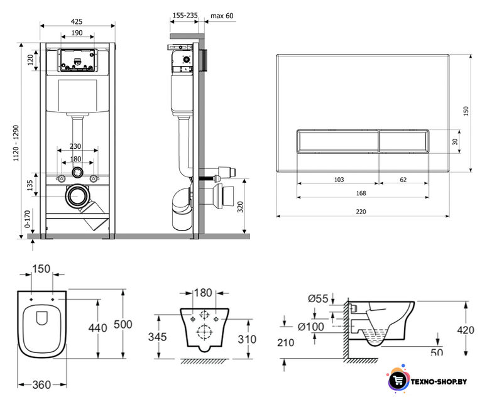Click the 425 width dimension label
[77, 21]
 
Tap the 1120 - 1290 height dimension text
[16, 143]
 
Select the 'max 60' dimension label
[222, 16]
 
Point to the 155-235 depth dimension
[185, 15]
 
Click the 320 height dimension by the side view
[240, 207]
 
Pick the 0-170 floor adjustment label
[27, 219]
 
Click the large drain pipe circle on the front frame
[77, 197]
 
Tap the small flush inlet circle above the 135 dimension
[77, 173]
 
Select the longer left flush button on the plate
[338, 141]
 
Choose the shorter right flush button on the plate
[404, 141]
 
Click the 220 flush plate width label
[361, 212]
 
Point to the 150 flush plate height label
[466, 111]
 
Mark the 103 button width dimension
[339, 180]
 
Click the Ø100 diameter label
[310, 327]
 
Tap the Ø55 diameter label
[318, 298]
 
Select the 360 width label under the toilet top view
[41, 385]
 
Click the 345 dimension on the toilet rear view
[158, 337]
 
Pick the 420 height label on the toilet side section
[466, 330]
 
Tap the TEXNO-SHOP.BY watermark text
[439, 381]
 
